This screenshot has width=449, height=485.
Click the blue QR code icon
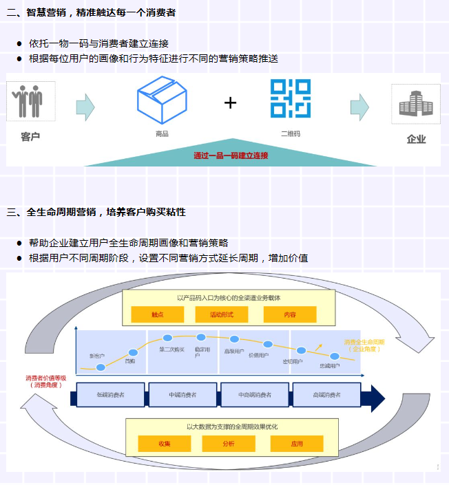point(290,98)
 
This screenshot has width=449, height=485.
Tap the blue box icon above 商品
point(162,99)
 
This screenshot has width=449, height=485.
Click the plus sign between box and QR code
point(230,103)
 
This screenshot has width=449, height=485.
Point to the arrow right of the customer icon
point(85,107)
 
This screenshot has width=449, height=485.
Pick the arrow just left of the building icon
point(359,107)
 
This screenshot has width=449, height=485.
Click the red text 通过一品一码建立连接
point(231,155)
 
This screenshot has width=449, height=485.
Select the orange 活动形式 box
point(222,314)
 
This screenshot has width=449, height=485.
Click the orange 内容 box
point(290,314)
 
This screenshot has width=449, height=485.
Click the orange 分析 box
point(228,444)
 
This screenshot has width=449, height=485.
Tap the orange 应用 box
point(297,444)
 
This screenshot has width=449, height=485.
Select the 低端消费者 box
point(111,395)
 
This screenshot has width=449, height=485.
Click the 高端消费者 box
point(326,395)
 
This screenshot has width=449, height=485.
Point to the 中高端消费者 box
point(255,395)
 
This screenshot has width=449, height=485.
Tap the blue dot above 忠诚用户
point(335,356)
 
